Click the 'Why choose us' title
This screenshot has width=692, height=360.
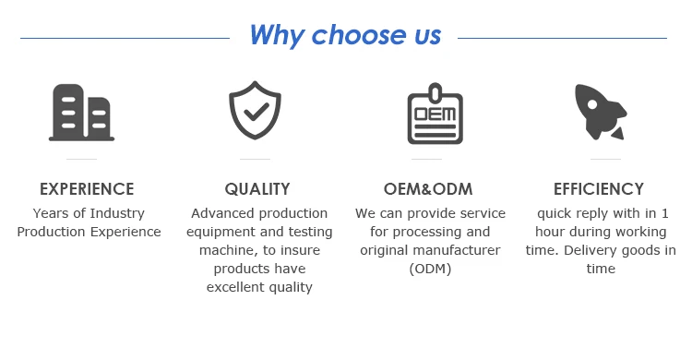tap(345, 35)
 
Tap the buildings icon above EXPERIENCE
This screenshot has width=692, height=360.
tap(81, 113)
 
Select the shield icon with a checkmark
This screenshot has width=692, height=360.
tap(255, 110)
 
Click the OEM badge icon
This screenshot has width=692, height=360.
tap(435, 114)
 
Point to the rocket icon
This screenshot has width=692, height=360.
tap(601, 112)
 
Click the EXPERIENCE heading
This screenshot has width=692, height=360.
tap(87, 189)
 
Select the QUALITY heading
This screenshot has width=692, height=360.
tap(257, 189)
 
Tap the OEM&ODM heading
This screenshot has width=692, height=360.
tap(428, 189)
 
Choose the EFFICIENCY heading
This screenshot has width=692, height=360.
tap(599, 189)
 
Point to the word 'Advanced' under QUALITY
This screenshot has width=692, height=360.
tap(216, 213)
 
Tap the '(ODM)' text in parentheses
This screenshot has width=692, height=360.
tap(430, 269)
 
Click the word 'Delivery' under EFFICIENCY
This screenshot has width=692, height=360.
tap(591, 250)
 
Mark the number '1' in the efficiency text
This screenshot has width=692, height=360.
tap(664, 213)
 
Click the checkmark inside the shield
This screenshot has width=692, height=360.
tap(257, 112)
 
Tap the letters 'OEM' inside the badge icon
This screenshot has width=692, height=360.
tap(435, 114)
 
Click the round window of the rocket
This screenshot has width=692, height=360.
tap(592, 104)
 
